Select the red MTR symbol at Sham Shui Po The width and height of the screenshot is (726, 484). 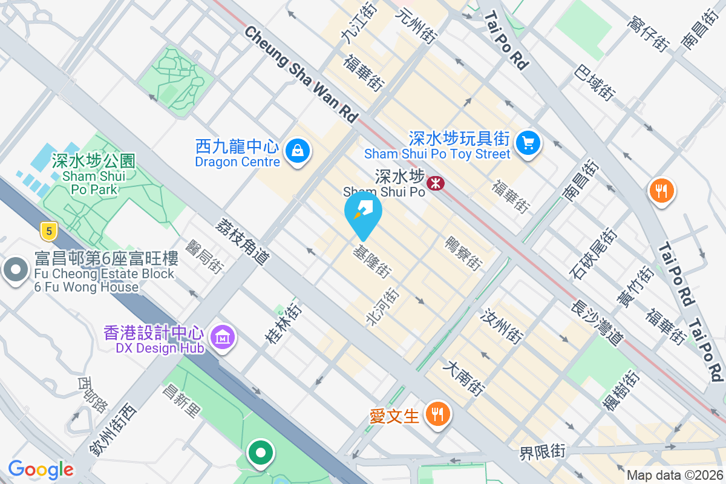434,182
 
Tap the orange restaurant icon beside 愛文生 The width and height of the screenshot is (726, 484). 436,414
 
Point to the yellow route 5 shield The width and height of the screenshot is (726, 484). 48,230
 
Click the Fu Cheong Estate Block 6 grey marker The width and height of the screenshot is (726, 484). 15,270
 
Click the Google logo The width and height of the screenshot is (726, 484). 41,469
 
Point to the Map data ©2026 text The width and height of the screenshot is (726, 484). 675,476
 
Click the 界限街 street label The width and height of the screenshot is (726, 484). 542,451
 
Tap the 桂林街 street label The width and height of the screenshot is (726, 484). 283,325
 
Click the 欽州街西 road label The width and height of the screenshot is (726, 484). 113,429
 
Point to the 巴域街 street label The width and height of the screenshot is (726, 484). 595,79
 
